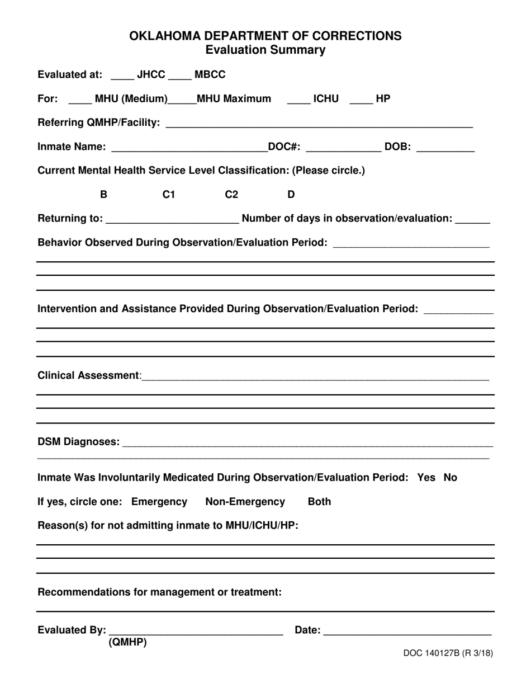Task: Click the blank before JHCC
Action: (x=123, y=76)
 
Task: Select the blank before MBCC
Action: (x=179, y=76)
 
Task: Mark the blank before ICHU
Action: (x=298, y=100)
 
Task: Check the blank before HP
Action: (x=361, y=100)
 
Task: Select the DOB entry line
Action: (x=445, y=148)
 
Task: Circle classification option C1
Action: (x=169, y=195)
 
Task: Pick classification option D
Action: (x=291, y=195)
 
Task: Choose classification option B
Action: (x=103, y=195)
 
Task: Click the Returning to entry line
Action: (x=172, y=219)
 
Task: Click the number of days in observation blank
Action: (x=473, y=219)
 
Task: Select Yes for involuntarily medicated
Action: (x=426, y=477)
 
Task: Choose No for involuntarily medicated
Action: (x=450, y=477)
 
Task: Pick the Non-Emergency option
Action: (x=245, y=502)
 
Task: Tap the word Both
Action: (x=319, y=502)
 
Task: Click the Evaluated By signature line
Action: (x=196, y=631)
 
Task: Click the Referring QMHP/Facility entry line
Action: (x=319, y=123)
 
